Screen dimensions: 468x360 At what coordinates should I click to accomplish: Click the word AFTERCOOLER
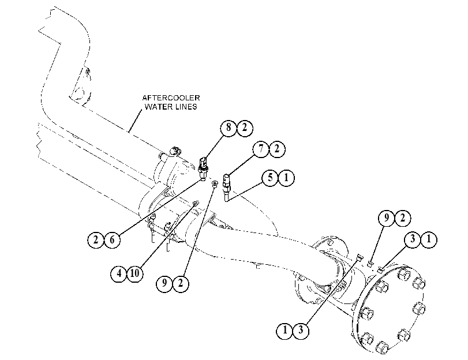coord(171,98)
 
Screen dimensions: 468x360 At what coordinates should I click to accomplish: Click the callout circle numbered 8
coord(229,127)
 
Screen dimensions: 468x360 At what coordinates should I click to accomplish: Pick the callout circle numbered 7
coord(261,148)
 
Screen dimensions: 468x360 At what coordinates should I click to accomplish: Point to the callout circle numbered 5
coord(271,178)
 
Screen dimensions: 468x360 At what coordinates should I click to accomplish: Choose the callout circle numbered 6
coord(112,239)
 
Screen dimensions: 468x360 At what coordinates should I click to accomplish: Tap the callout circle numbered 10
coord(134,273)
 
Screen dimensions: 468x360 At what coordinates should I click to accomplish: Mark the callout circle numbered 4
coord(119,273)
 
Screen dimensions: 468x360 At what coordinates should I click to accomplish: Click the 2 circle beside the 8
coord(245,127)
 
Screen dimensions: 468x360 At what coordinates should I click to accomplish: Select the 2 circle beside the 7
coord(277,149)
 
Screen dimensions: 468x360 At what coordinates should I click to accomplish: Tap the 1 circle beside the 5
coord(286,178)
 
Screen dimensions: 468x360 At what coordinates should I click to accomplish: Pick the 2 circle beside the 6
coord(96,239)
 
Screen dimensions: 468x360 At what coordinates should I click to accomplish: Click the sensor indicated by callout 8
coord(203,168)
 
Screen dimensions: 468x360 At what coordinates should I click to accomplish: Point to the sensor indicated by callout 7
coord(226,183)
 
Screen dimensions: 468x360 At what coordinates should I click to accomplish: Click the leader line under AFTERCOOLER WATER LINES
coord(135,121)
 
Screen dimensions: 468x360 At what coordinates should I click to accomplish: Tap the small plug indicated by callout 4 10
coord(196,204)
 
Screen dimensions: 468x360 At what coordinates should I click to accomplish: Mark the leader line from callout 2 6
coord(160,207)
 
